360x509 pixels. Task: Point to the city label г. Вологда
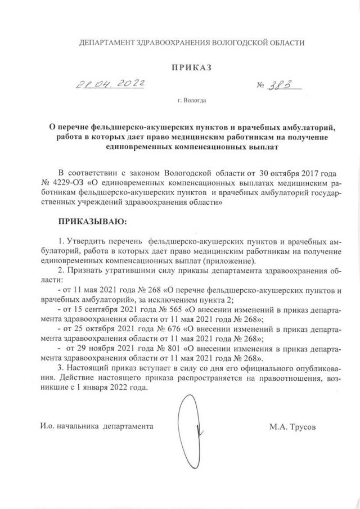pos(191,102)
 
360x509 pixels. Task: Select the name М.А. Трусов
pos(292,427)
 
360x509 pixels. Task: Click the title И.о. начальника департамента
pos(97,427)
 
